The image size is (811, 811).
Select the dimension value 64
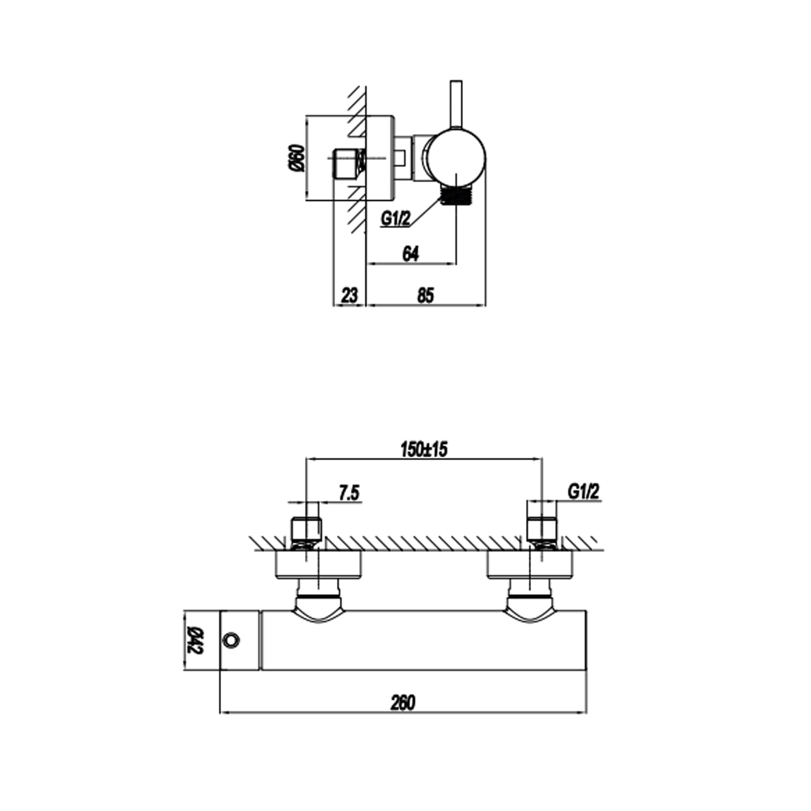coord(411,254)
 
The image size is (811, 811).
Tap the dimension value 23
coord(350,295)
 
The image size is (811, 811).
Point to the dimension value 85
coord(426,295)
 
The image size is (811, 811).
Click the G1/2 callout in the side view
coord(396,218)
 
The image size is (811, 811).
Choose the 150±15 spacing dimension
coord(424,449)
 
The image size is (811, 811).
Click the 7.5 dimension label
coord(349,493)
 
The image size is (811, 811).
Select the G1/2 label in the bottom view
coord(584,491)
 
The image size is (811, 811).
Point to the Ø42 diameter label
coord(194,641)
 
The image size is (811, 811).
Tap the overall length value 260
coord(403,702)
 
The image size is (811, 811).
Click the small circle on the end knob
coord(231,640)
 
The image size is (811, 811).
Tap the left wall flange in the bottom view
coord(319,565)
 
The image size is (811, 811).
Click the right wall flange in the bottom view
coord(530,565)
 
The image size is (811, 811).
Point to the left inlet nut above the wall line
coord(307,528)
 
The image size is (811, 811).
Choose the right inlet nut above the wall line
coord(542,528)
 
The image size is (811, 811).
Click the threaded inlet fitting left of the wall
coord(348,163)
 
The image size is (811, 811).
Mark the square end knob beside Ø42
coord(240,640)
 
